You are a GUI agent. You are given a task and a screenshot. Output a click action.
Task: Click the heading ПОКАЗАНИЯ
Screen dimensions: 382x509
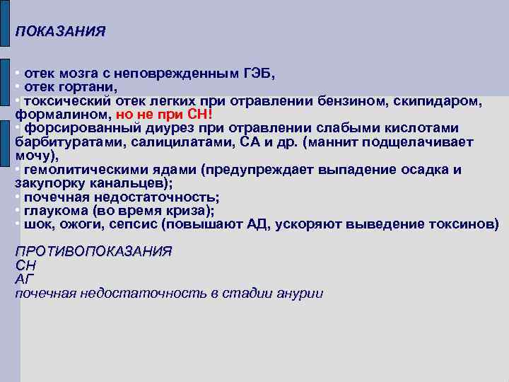pyautogui.click(x=61, y=32)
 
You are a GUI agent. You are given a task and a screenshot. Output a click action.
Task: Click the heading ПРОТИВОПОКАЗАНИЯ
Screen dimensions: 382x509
pyautogui.click(x=93, y=252)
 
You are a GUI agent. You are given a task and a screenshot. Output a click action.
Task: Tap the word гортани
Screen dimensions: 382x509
pyautogui.click(x=88, y=87)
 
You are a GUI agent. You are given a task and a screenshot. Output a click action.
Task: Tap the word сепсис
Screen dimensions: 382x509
pyautogui.click(x=130, y=225)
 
